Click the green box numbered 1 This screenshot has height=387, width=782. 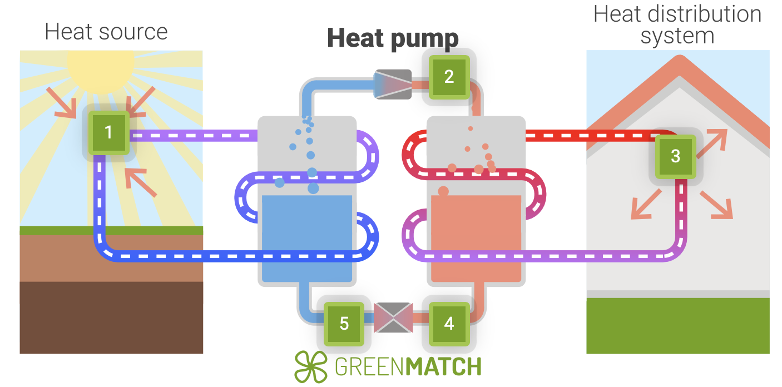point(108,132)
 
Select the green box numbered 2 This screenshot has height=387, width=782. point(449,77)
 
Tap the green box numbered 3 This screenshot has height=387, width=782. point(675,156)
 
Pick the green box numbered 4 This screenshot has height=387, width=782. point(449,323)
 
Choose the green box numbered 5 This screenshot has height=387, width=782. point(344,323)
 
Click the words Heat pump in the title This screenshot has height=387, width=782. point(393,38)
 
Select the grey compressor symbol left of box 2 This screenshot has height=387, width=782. point(393,84)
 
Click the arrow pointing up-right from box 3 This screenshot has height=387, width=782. point(714,141)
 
